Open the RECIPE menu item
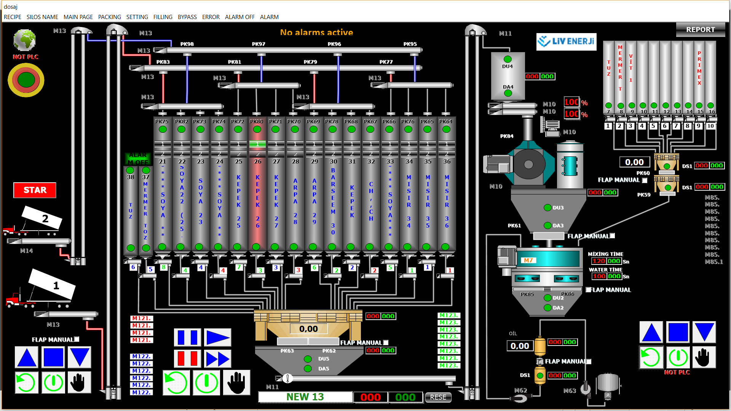13,17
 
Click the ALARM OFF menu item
239,17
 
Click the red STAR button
35,190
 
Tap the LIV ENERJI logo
566,41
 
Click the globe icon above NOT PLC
25,40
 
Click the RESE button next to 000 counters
438,397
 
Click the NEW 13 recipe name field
305,397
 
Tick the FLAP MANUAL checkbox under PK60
645,180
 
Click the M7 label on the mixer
528,260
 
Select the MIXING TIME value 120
599,261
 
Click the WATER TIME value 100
599,276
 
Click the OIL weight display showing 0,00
520,346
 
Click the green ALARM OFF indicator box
137,159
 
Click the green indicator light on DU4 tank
508,59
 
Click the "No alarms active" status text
316,32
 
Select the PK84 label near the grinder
506,136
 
